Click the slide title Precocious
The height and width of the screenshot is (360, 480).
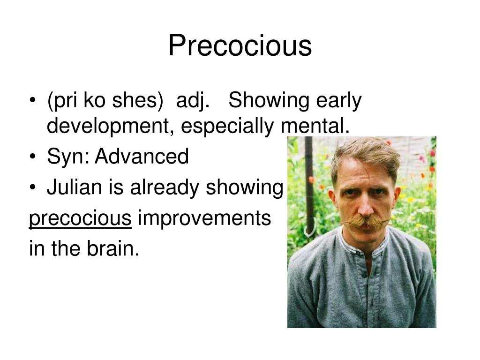point(240,46)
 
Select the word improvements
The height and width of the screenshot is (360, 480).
point(204,218)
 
